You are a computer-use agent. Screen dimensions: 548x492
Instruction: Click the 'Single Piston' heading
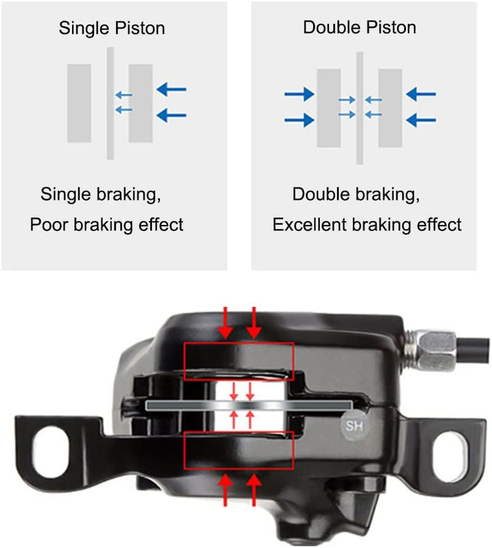[112, 28]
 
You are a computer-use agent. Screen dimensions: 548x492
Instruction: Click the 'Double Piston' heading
[359, 28]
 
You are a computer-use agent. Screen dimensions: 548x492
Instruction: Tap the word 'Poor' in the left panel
[49, 225]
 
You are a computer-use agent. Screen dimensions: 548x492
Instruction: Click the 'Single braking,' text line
[101, 195]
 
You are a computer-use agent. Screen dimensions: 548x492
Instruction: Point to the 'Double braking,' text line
[356, 195]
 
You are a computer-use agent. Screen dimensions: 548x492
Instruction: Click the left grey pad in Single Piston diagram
[79, 103]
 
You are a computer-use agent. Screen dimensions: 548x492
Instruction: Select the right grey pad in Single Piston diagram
[141, 103]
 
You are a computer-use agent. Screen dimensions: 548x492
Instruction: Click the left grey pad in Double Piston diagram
[328, 108]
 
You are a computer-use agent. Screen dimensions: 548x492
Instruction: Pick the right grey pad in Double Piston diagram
[390, 108]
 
